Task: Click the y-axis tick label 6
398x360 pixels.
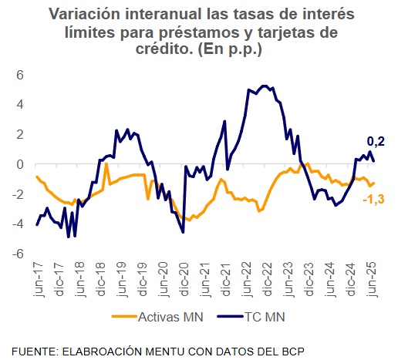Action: pos(21,75)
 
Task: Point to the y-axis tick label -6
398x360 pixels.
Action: pos(19,254)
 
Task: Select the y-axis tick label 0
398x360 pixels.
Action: pos(21,164)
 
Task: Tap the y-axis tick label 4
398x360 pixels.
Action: pos(21,105)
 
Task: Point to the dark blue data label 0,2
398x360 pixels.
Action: pos(375,141)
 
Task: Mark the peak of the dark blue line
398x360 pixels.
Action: pos(265,86)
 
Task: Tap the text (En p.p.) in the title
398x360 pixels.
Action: pos(228,49)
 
